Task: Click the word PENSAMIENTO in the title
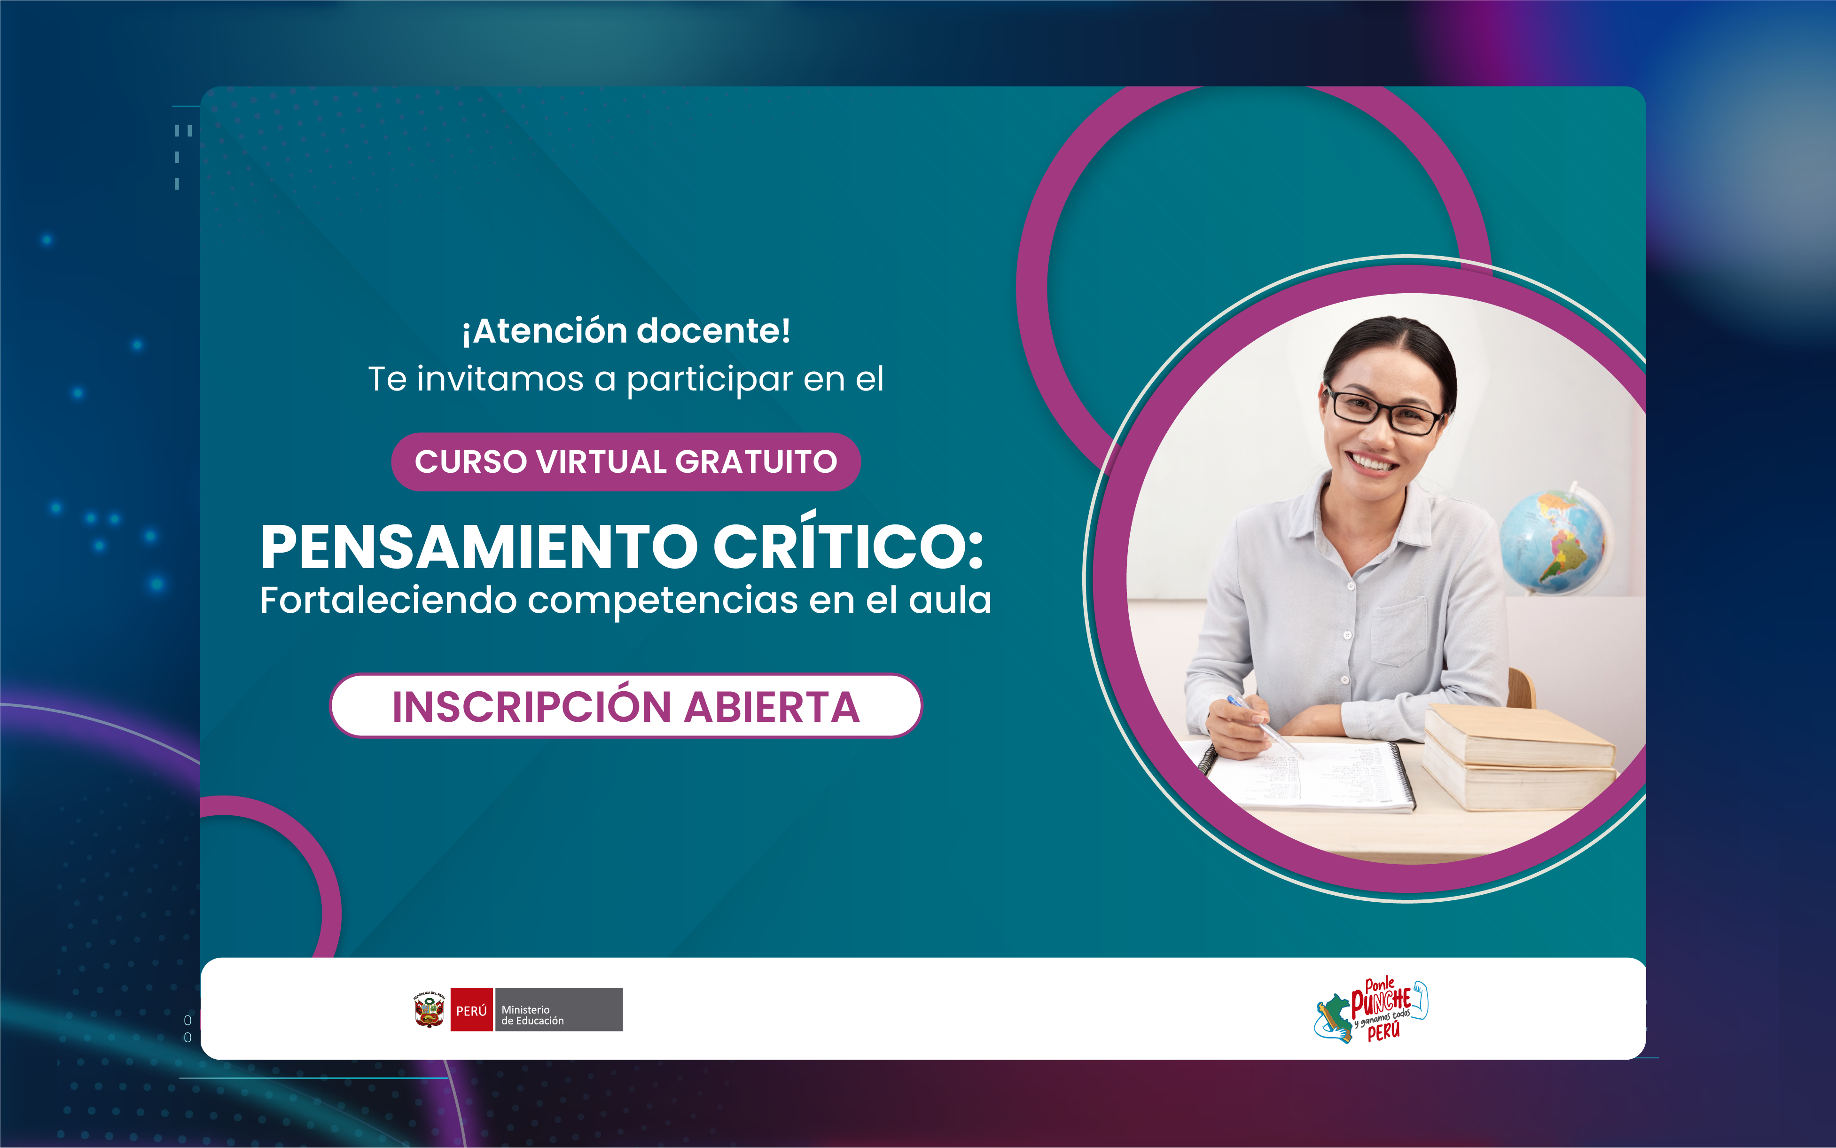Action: (479, 547)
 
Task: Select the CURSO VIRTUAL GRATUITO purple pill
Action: (625, 461)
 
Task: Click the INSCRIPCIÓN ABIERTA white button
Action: (625, 706)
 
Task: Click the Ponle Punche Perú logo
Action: (1371, 1011)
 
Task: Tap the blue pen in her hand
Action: (1264, 726)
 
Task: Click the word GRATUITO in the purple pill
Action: (756, 461)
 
